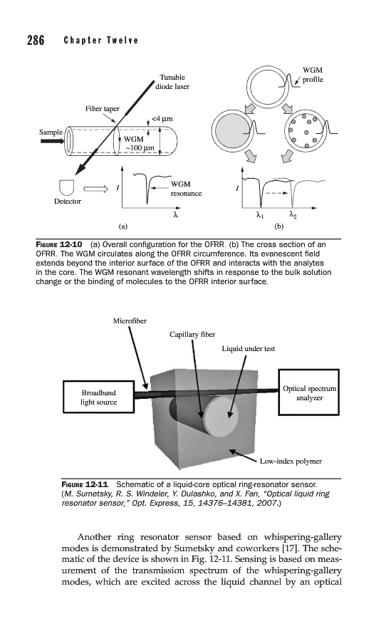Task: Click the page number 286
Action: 36,40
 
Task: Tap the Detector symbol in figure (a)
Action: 67,187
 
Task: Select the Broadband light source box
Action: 98,397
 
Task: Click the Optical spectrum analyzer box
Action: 309,393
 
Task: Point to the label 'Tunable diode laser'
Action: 172,82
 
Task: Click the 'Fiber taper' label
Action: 103,109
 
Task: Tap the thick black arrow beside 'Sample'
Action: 52,142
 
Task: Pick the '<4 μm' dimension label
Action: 162,119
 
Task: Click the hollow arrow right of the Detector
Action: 95,189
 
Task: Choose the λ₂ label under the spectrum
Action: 293,214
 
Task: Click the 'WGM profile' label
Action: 313,75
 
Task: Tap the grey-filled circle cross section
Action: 231,130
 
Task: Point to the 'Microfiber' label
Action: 130,321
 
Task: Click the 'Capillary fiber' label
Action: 192,335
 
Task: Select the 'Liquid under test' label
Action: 249,349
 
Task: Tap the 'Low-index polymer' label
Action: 291,461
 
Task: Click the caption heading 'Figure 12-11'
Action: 85,485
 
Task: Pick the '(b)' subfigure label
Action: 279,226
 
